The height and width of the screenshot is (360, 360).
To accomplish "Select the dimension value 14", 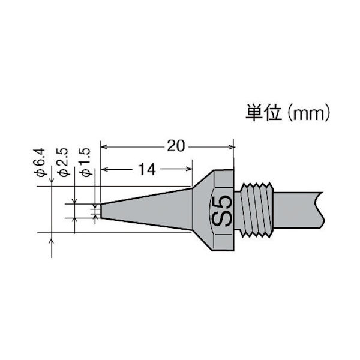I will [146, 170].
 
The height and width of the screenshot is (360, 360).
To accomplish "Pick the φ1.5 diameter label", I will [85, 163].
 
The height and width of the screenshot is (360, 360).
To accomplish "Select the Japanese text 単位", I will [262, 113].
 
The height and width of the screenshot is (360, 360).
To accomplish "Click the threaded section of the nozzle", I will [258, 209].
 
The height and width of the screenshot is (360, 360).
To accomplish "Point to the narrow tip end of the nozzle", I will [103, 210].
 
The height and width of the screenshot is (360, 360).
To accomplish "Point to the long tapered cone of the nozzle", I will [150, 209].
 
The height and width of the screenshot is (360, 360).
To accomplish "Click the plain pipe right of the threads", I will [294, 209].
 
